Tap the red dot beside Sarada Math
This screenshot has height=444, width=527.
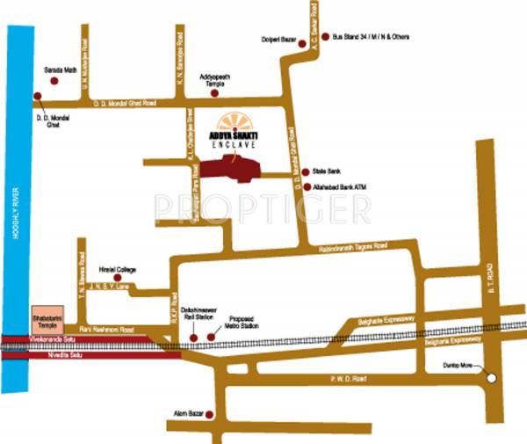54,79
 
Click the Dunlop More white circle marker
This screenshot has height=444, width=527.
492,378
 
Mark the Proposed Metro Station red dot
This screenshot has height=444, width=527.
211,337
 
